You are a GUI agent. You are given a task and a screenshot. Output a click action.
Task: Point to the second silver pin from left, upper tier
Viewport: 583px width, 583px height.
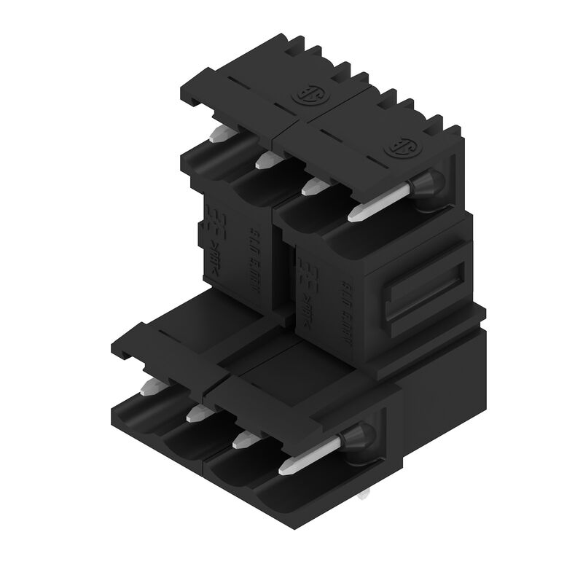tap(264, 160)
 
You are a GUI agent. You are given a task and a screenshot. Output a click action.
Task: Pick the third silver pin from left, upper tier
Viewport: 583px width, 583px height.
tap(312, 188)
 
